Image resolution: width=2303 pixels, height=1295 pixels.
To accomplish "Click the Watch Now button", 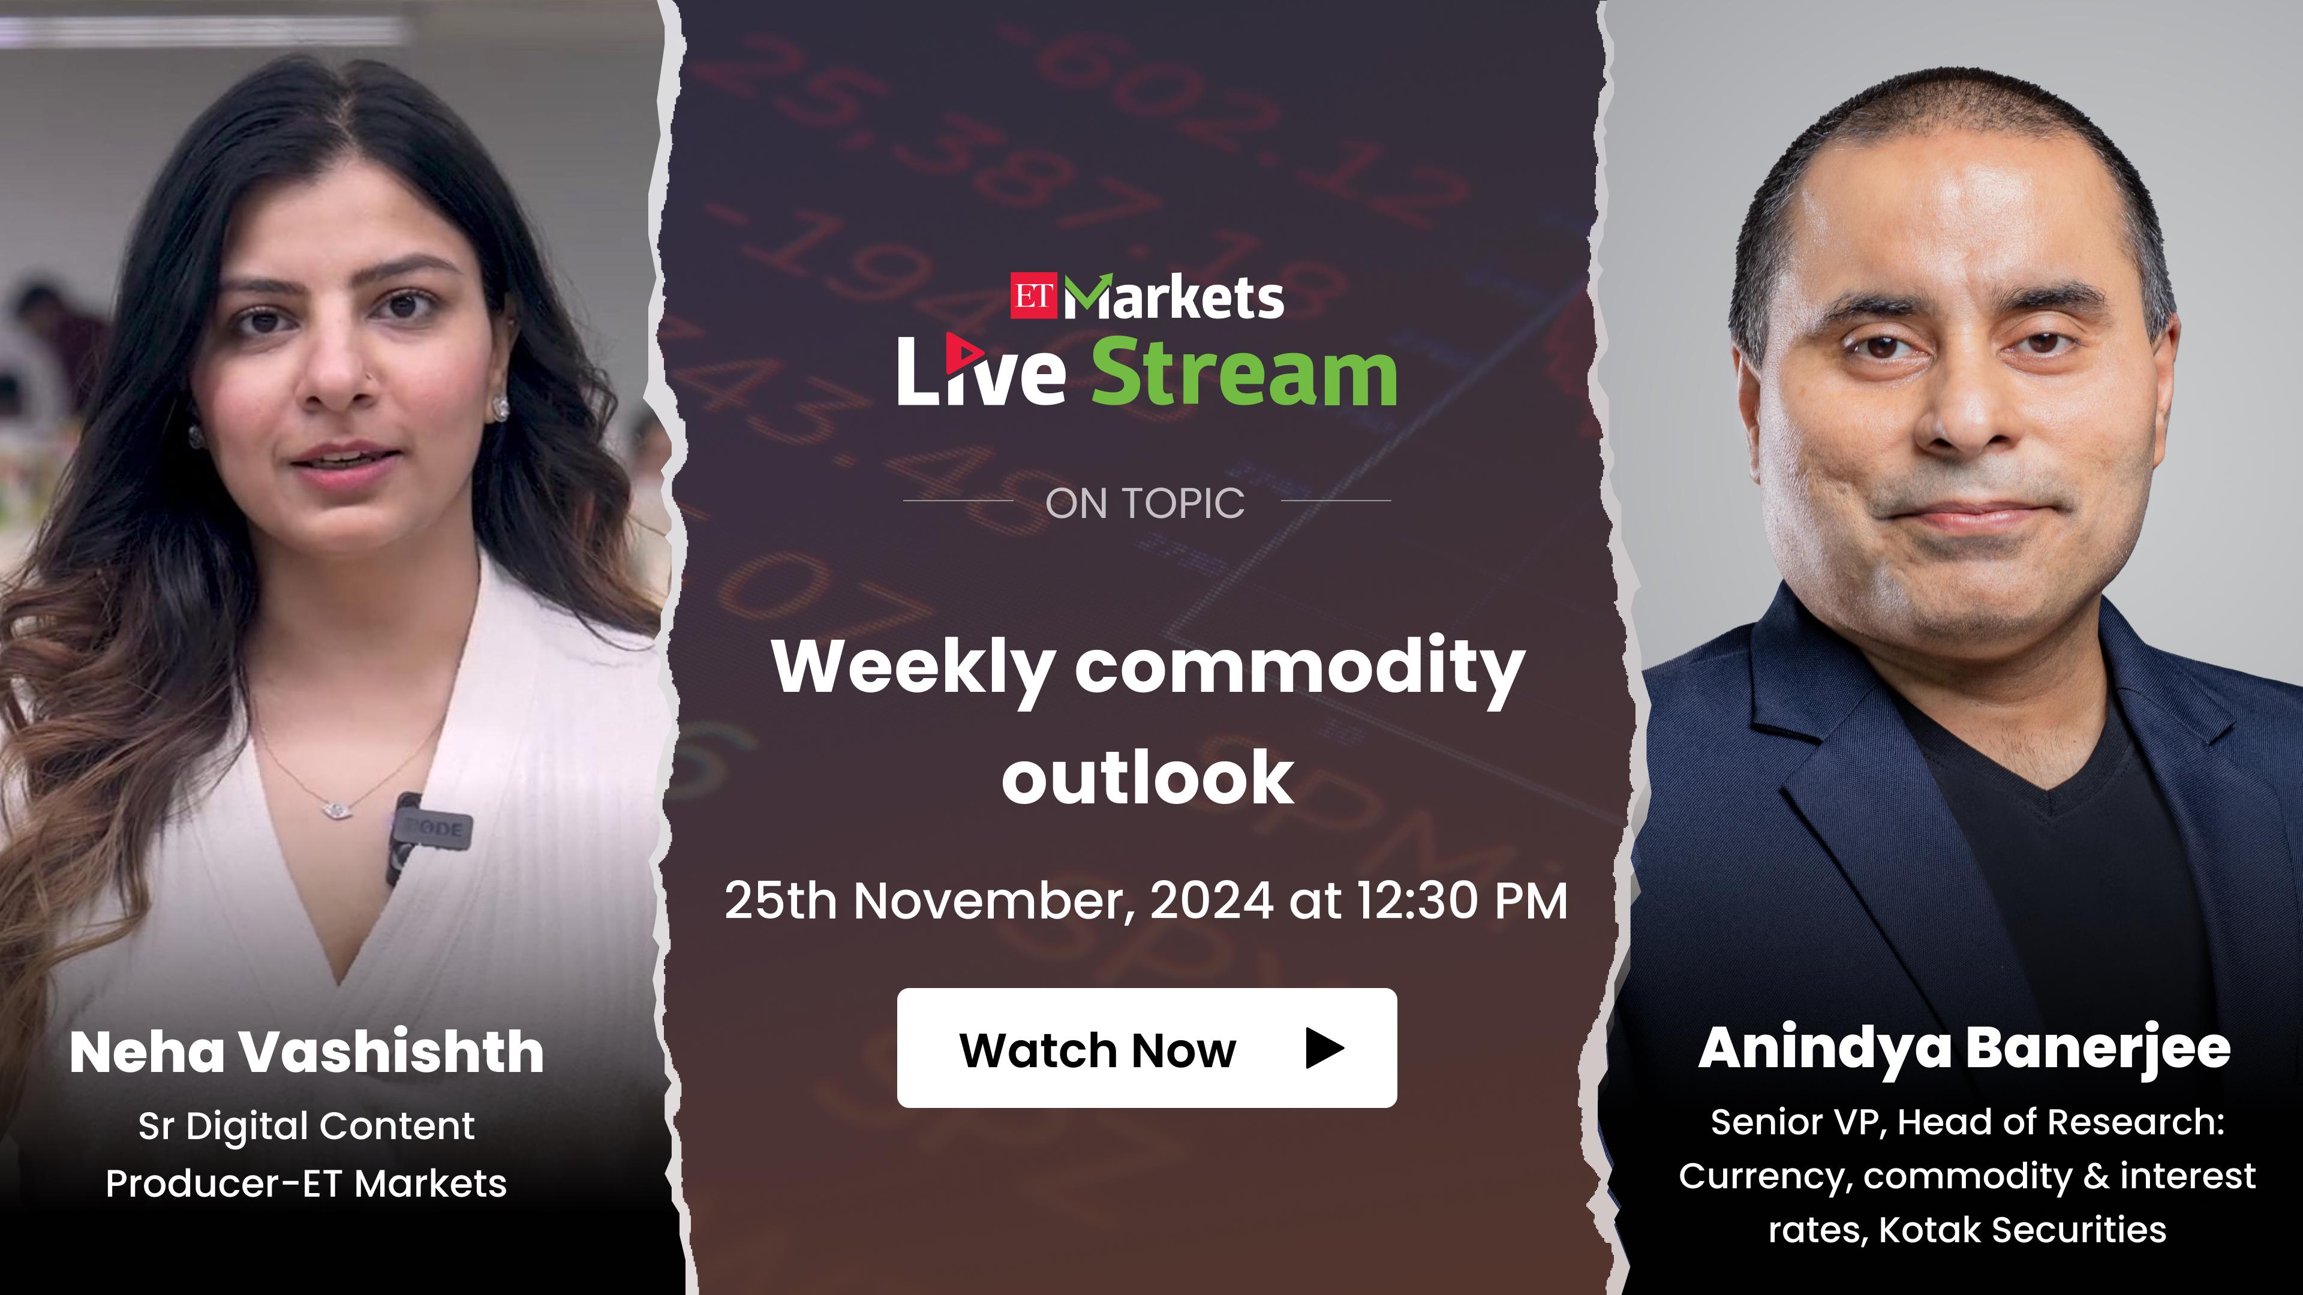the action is tap(1147, 1047).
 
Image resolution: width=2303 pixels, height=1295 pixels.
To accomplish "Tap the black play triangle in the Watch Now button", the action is tap(1324, 1047).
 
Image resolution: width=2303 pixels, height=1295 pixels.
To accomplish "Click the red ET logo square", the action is tap(1033, 296).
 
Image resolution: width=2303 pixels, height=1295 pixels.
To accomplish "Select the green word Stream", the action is tap(1244, 373).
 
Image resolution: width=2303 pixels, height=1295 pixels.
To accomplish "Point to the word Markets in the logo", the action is tap(1174, 297).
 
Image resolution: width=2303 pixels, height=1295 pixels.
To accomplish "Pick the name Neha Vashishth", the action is tap(306, 1052).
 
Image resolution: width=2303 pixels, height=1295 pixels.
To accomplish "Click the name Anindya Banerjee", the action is tap(1964, 1049).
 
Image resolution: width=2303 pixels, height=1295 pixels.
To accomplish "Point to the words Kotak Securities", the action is tap(2022, 1230).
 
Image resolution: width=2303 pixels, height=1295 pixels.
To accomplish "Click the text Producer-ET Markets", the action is tap(306, 1183).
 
